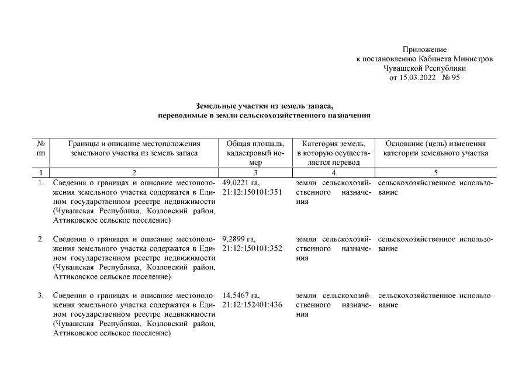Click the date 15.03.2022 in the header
pyautogui.click(x=417, y=77)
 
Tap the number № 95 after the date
pyautogui.click(x=451, y=77)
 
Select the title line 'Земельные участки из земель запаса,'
pyautogui.click(x=264, y=106)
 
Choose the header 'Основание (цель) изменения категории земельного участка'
pyautogui.click(x=435, y=148)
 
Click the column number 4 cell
pyautogui.click(x=333, y=173)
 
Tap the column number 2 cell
pyautogui.click(x=134, y=173)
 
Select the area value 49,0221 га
pyautogui.click(x=240, y=182)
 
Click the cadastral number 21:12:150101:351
pyautogui.click(x=253, y=192)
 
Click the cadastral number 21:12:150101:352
pyautogui.click(x=253, y=248)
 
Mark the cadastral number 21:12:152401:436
pyautogui.click(x=253, y=305)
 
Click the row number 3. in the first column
pyautogui.click(x=41, y=296)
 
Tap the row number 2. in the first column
pyautogui.click(x=41, y=239)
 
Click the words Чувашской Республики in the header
pyautogui.click(x=424, y=68)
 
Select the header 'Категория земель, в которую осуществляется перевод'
pyautogui.click(x=333, y=153)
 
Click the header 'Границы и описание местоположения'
pyautogui.click(x=134, y=144)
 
